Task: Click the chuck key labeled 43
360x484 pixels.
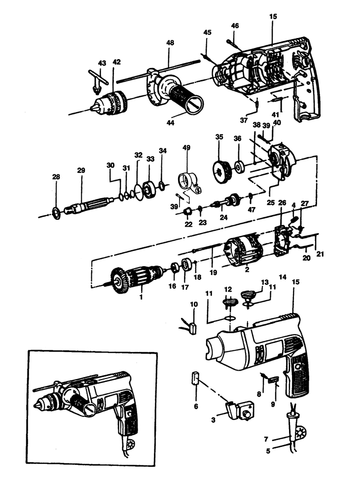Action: (x=96, y=81)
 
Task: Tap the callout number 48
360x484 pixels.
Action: (x=170, y=43)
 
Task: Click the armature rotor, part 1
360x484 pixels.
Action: (x=136, y=277)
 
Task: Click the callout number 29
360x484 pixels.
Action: (x=81, y=171)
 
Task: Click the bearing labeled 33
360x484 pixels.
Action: (x=149, y=188)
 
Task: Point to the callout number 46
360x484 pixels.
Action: (x=235, y=26)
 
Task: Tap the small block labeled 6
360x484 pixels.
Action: (x=195, y=379)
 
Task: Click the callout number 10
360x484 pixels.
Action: (x=193, y=305)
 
